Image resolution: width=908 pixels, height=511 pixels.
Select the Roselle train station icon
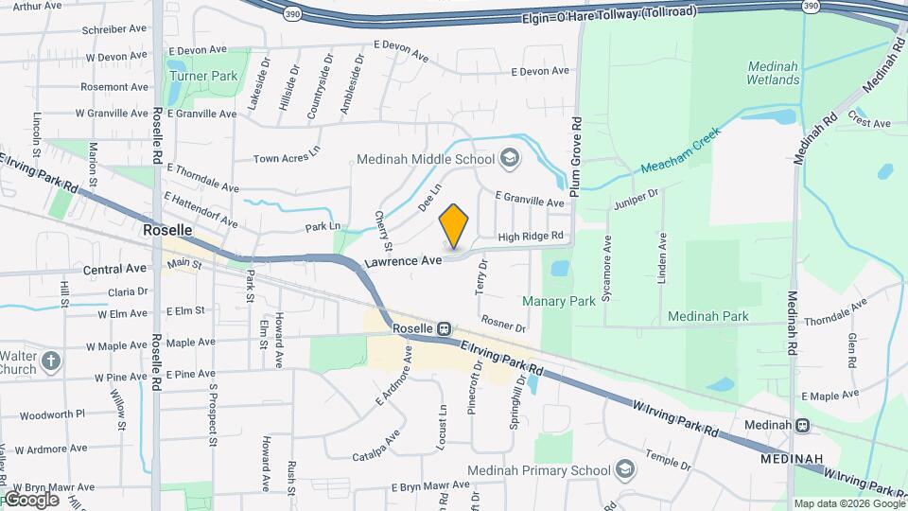click(x=443, y=328)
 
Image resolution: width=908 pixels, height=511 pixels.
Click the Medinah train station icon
click(x=803, y=425)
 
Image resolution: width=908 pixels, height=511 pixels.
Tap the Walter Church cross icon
click(x=52, y=361)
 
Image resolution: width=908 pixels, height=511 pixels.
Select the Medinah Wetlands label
click(x=773, y=73)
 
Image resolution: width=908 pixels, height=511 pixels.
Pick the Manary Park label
click(x=559, y=301)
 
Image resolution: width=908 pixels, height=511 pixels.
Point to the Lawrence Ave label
click(x=406, y=260)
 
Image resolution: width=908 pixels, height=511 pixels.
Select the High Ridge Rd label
click(x=531, y=236)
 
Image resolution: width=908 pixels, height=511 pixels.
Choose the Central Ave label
click(x=115, y=269)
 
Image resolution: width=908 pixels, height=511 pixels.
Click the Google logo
click(x=31, y=499)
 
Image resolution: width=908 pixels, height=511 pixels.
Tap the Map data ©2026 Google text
click(x=848, y=503)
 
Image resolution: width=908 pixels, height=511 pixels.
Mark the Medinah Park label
click(x=707, y=316)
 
